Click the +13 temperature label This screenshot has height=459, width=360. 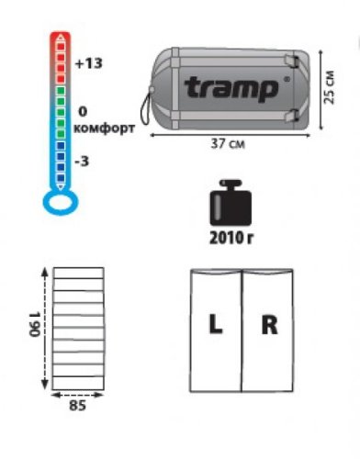[x=89, y=63]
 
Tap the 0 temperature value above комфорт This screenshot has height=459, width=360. [x=83, y=112]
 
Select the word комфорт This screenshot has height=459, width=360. [x=104, y=129]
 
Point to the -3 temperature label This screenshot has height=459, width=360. [x=82, y=161]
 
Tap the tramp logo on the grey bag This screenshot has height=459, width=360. [x=231, y=89]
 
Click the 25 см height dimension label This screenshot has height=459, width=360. [x=330, y=88]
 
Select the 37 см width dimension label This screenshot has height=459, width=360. [x=228, y=143]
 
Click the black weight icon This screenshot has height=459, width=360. [x=231, y=202]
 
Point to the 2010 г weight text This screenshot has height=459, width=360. [x=231, y=238]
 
